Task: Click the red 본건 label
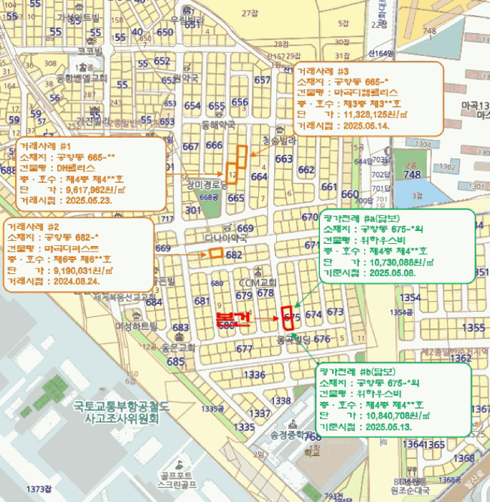click(x=233, y=319)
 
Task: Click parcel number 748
click(x=412, y=174)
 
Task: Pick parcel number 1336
click(x=254, y=375)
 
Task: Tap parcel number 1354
click(x=410, y=297)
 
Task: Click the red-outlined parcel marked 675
click(x=290, y=316)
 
